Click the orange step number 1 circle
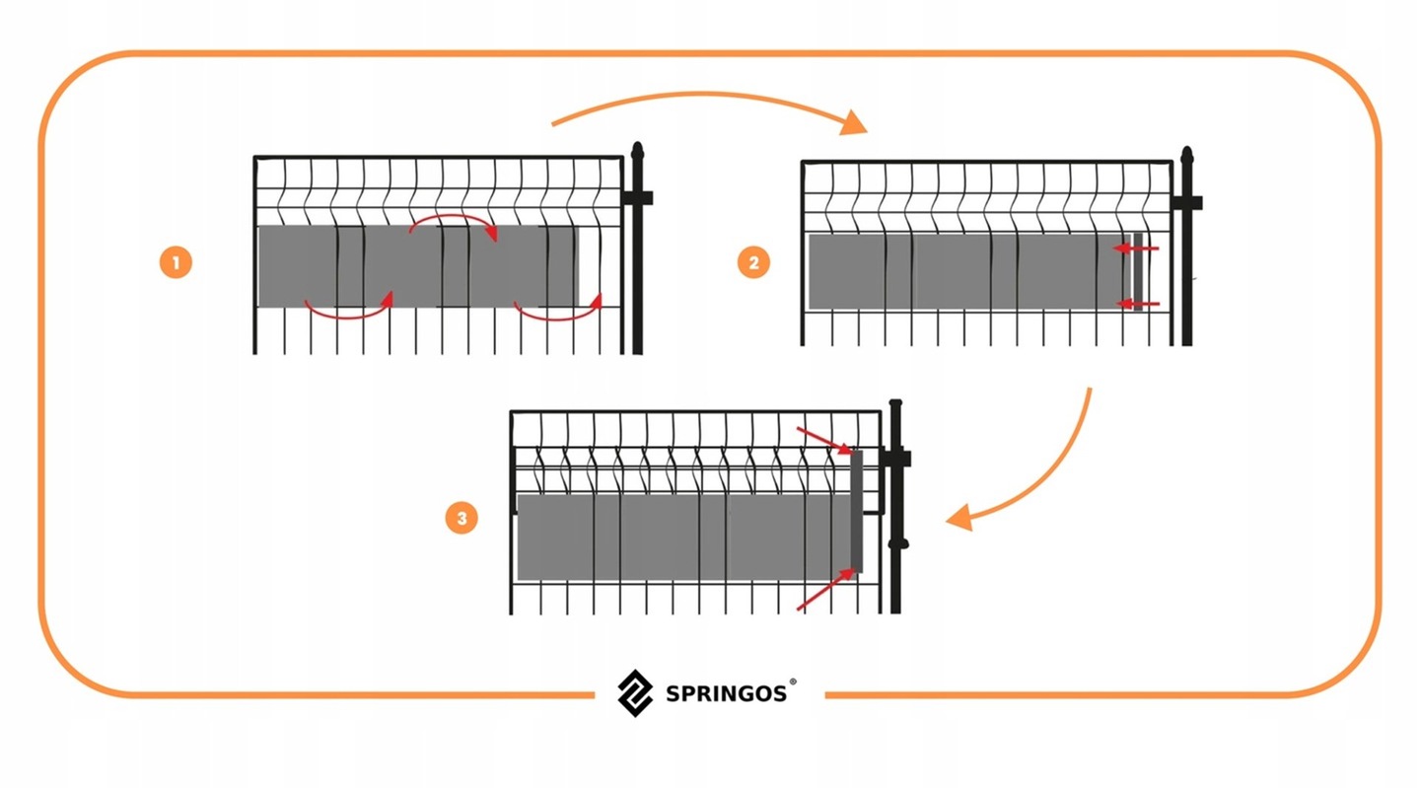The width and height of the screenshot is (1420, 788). [175, 263]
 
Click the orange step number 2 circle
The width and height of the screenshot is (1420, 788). [753, 263]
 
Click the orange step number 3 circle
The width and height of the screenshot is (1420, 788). [461, 518]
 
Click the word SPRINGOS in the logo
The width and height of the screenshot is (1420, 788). [726, 693]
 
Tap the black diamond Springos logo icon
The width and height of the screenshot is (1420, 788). [635, 692]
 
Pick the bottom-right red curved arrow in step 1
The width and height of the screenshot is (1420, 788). [558, 312]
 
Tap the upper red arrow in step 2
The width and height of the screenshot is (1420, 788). [1136, 249]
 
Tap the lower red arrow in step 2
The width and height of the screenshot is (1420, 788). [1136, 303]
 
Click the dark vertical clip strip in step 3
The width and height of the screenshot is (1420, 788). [856, 511]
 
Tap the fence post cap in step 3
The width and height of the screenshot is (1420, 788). [895, 408]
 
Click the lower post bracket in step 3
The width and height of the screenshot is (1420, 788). [897, 542]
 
